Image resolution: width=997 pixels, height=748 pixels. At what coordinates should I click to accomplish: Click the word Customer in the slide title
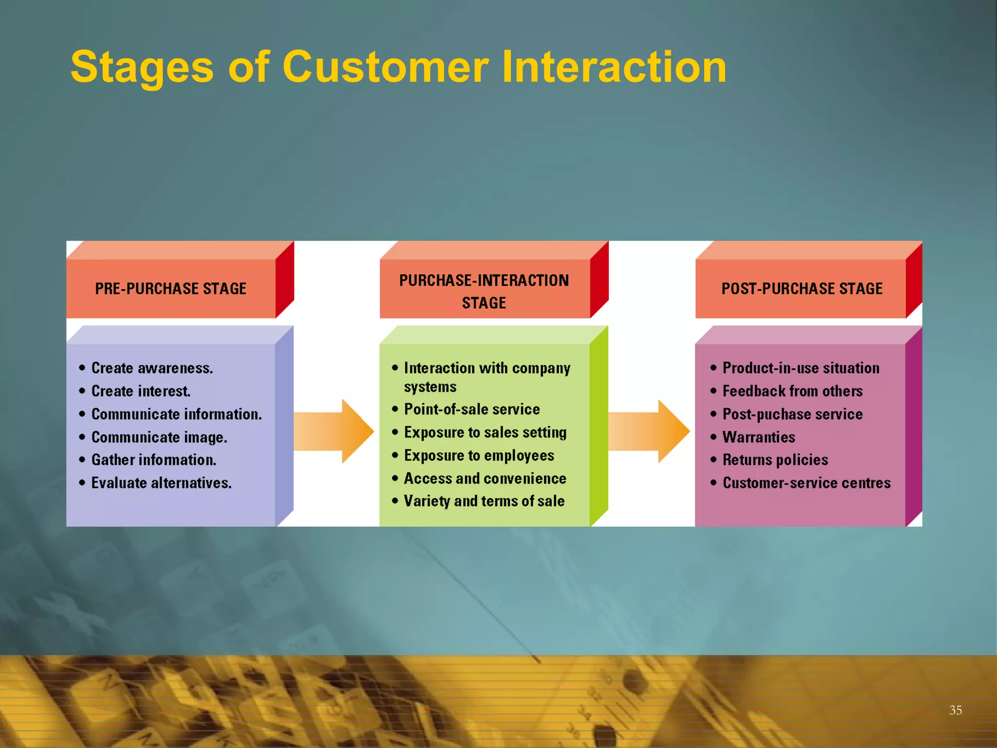point(385,67)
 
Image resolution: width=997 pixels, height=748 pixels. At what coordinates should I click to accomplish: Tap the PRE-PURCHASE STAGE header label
point(170,289)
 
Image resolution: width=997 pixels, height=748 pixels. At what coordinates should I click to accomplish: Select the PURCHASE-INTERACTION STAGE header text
point(484,291)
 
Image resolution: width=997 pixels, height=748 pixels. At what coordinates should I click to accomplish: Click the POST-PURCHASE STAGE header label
point(802,289)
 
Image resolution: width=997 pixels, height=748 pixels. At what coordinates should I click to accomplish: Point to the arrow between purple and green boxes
point(334,431)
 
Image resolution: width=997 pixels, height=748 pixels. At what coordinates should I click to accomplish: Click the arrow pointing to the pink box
point(649,431)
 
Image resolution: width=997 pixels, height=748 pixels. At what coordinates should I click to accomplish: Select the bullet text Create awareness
point(152,368)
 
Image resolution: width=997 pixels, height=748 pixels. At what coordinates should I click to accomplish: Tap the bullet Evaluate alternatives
point(161,483)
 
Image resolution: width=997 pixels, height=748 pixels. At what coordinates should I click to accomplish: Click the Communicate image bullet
point(159,437)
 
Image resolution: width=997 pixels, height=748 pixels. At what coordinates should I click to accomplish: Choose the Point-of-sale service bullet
point(472,410)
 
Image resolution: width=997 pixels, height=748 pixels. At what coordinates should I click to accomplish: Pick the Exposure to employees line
point(479,456)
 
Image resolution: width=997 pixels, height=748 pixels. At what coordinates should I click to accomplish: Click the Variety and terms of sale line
point(484,501)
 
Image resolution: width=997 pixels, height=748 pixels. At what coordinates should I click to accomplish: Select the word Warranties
point(758,437)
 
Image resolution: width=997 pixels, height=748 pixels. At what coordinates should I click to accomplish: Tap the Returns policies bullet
point(775,460)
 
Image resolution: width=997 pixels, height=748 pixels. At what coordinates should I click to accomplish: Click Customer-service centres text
point(806,483)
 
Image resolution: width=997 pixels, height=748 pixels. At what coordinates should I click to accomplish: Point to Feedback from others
point(792,391)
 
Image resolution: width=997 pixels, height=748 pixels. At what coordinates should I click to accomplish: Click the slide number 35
point(955,710)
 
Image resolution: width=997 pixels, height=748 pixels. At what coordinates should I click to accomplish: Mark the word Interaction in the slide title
point(614,67)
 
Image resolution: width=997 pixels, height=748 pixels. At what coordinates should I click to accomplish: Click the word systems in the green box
point(430,387)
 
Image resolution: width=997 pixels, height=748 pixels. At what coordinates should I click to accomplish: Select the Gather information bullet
point(153,460)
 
